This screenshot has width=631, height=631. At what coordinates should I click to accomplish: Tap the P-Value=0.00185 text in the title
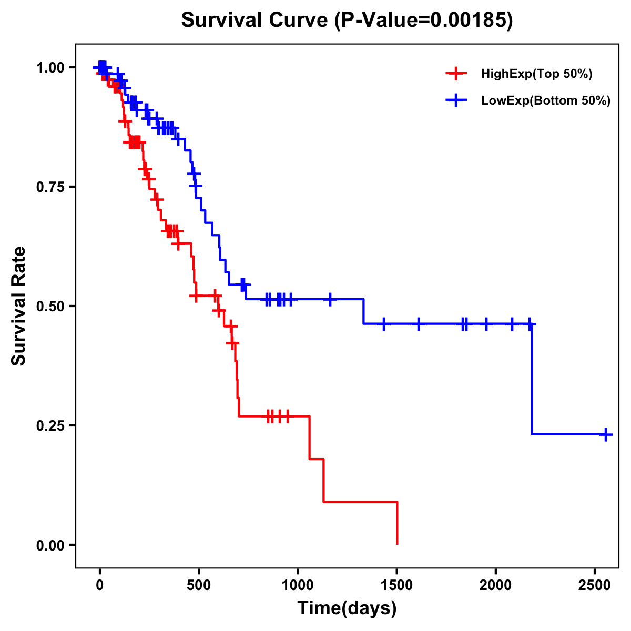(423, 21)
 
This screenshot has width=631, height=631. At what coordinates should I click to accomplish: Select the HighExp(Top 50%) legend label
(536, 74)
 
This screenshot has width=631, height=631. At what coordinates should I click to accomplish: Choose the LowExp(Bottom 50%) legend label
(546, 101)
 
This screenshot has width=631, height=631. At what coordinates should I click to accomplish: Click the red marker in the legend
(456, 74)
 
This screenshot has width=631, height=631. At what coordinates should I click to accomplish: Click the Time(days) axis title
(347, 608)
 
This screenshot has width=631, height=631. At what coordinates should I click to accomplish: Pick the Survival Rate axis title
(19, 306)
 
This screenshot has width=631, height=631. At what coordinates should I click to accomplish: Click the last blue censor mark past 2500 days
(606, 434)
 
